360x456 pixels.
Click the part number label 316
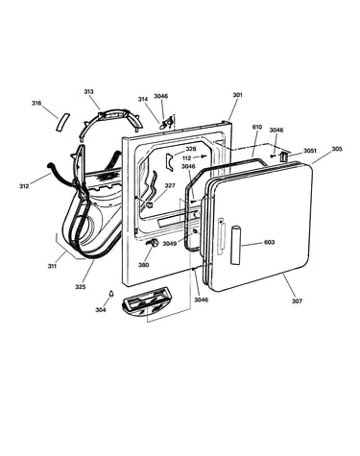click(x=36, y=103)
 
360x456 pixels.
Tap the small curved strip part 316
click(x=61, y=122)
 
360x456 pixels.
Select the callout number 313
click(x=88, y=92)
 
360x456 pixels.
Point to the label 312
click(x=24, y=185)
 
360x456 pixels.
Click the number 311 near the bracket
click(x=52, y=265)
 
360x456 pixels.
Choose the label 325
click(x=81, y=287)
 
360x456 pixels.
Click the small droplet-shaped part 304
click(x=111, y=294)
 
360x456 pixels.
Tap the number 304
click(x=101, y=309)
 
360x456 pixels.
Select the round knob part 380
click(x=153, y=243)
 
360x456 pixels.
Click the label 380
click(x=143, y=265)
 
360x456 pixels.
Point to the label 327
click(x=170, y=185)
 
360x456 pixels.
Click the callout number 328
click(x=191, y=149)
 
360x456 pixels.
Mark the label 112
click(x=186, y=158)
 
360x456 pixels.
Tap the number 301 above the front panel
click(x=237, y=95)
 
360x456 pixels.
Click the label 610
click(x=257, y=127)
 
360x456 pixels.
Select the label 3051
click(x=310, y=151)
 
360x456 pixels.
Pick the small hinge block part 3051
click(x=283, y=156)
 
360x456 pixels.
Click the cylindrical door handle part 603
click(x=235, y=245)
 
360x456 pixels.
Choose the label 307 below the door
click(x=297, y=300)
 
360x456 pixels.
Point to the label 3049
click(x=169, y=244)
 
